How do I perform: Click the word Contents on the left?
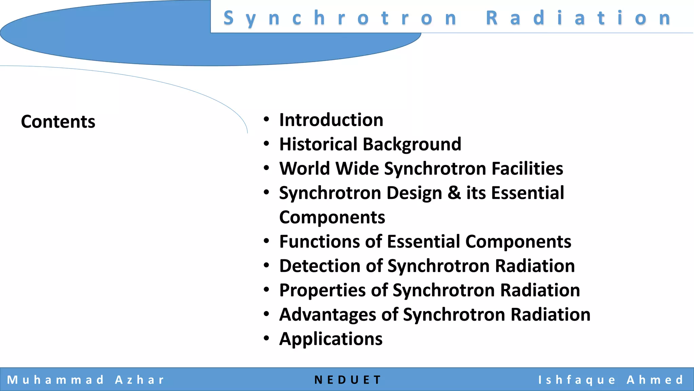[58, 122]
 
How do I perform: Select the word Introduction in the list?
[331, 120]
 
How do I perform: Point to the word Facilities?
[527, 169]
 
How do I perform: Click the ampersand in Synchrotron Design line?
[454, 193]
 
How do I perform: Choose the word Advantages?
[327, 315]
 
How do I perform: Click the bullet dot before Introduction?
[266, 119]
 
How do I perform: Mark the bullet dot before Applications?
[266, 338]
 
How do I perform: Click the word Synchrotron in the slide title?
[340, 18]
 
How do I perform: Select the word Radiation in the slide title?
[579, 18]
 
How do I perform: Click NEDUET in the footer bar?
[348, 380]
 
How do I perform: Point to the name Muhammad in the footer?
[56, 380]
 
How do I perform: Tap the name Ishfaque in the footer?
[577, 380]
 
